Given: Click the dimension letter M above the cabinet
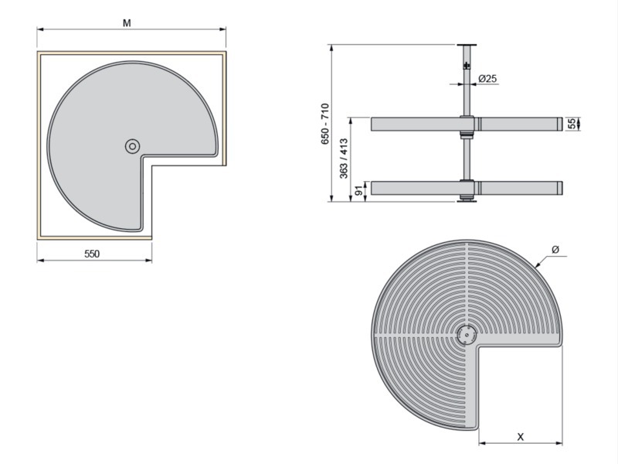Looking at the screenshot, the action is click(127, 23).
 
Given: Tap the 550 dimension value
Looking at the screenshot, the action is click(92, 254).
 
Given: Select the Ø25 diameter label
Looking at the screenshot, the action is click(487, 79).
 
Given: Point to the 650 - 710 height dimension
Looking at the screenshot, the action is click(324, 124).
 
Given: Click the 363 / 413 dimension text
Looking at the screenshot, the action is click(344, 159).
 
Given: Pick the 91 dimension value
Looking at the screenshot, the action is click(359, 191).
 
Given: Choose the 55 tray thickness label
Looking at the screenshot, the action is click(572, 124).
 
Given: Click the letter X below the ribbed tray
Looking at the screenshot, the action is click(521, 437).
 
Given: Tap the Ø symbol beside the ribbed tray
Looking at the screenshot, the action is click(555, 249).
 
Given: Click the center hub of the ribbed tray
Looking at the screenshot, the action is click(467, 336).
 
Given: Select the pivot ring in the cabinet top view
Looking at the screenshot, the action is click(132, 146).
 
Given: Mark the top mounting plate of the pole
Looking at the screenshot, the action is click(467, 45).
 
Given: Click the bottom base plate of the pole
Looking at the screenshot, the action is click(467, 201).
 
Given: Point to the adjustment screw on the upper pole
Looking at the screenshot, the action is click(467, 65).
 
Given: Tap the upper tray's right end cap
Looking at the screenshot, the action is click(559, 124).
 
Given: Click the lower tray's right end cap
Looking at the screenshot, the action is click(559, 188).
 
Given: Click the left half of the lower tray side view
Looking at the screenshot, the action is click(416, 188).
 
